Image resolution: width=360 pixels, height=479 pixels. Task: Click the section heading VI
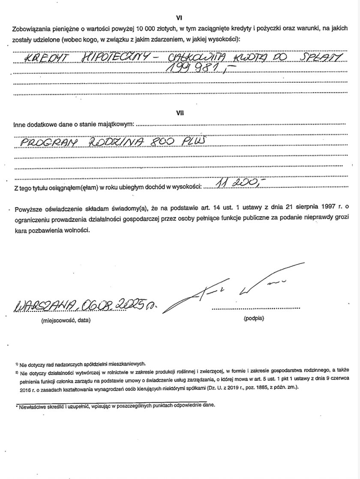[180, 18]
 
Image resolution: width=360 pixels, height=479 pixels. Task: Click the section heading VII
[180, 113]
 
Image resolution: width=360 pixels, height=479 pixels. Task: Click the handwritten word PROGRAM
[48, 143]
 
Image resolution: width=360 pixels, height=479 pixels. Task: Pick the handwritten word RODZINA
[113, 142]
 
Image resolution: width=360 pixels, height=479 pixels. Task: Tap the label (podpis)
[254, 319]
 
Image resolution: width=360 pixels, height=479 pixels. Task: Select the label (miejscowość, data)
[66, 320]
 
